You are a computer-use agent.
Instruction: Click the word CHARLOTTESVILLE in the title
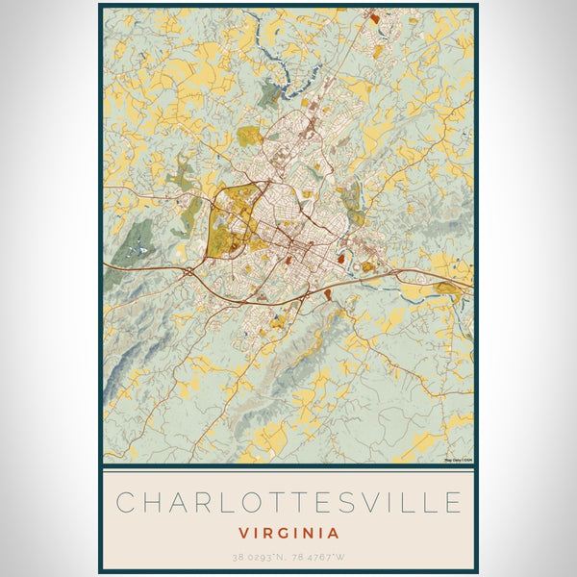pos(288,503)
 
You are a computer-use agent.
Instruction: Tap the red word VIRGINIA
pos(288,532)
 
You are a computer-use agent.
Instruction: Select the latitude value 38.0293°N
pos(258,557)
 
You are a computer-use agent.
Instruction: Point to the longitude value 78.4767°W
pos(318,557)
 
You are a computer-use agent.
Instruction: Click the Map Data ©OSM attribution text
pos(458,460)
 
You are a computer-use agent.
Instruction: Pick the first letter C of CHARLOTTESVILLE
pos(125,503)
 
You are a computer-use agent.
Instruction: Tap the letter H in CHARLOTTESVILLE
pos(150,503)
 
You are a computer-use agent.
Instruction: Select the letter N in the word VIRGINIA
pos(314,532)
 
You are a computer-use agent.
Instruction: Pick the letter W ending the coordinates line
pos(342,557)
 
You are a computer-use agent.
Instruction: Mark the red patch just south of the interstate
pos(327,292)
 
